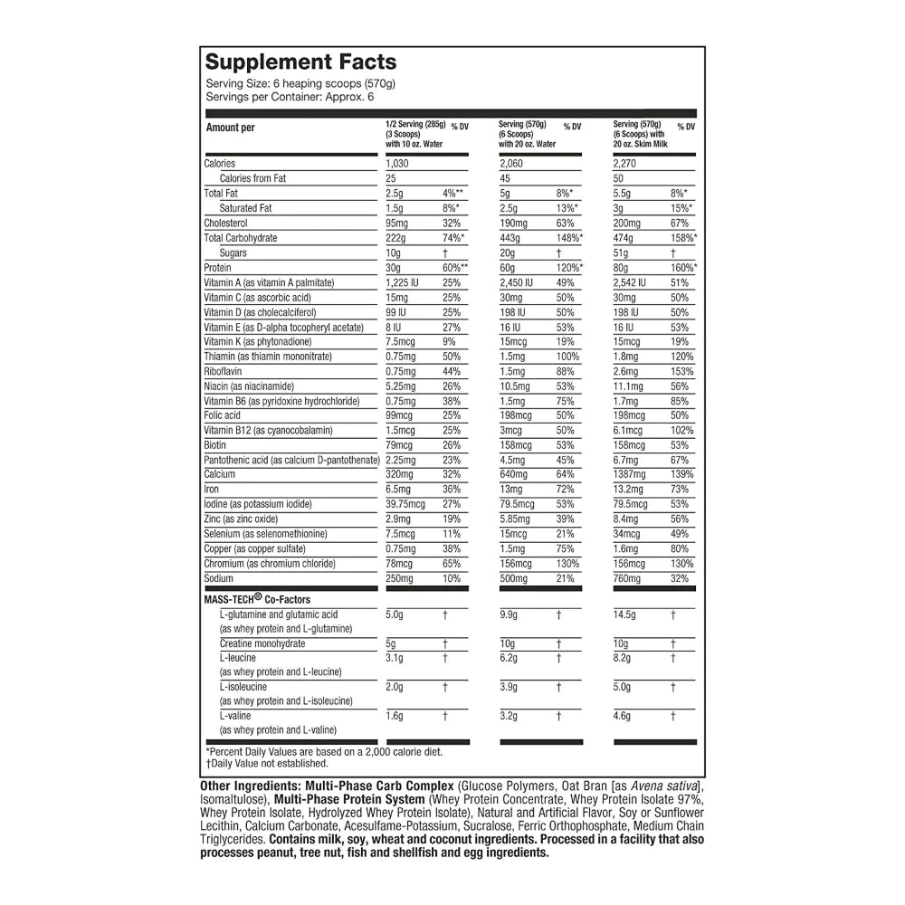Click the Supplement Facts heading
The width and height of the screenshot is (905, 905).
click(x=300, y=62)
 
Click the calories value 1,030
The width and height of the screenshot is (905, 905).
click(x=398, y=164)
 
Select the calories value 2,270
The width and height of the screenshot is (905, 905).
click(x=626, y=164)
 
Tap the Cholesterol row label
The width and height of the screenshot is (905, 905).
click(x=226, y=223)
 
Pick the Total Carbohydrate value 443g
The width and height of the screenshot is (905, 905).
click(x=512, y=238)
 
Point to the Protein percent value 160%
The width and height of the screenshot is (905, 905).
click(x=683, y=268)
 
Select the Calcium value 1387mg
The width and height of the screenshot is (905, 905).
click(x=631, y=474)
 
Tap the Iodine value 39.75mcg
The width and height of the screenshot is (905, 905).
click(x=405, y=504)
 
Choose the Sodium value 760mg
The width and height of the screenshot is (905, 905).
click(x=627, y=578)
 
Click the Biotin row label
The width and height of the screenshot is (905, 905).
click(x=216, y=445)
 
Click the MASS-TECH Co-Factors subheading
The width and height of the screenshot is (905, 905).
click(x=258, y=599)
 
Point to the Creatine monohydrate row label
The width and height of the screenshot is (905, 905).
click(x=262, y=643)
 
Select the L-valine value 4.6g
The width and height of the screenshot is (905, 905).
click(x=624, y=716)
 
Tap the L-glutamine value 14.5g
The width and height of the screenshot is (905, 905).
click(x=625, y=614)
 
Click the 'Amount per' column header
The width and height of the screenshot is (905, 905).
click(x=231, y=128)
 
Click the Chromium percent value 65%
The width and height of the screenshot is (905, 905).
click(x=452, y=564)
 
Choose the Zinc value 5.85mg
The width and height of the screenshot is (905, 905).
click(x=515, y=519)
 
